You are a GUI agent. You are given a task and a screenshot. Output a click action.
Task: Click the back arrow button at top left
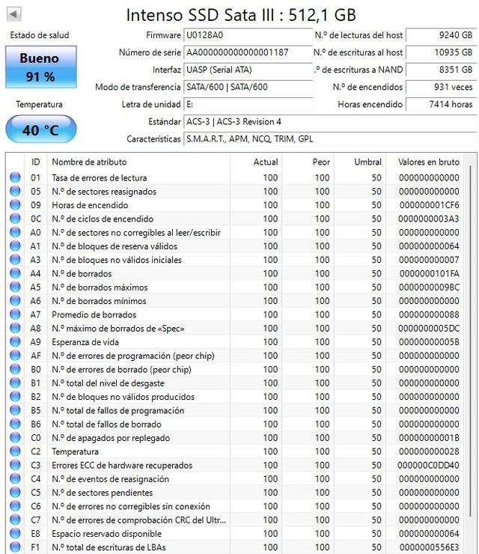pyautogui.click(x=13, y=14)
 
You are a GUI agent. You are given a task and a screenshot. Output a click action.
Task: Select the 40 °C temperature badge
pyautogui.click(x=40, y=130)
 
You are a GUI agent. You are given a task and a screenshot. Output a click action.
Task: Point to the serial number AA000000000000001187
pyautogui.click(x=237, y=52)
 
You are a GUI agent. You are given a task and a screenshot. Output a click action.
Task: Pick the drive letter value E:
pyautogui.click(x=190, y=104)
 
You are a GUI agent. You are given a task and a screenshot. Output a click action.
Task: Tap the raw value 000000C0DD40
pyautogui.click(x=429, y=466)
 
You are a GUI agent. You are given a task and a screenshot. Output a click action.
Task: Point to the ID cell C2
pyautogui.click(x=35, y=451)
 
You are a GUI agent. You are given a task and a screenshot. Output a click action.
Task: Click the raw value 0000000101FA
pyautogui.click(x=429, y=274)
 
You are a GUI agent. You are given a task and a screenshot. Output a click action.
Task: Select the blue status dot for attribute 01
pyautogui.click(x=15, y=178)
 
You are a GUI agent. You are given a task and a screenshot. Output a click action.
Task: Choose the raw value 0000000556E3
pyautogui.click(x=429, y=547)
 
